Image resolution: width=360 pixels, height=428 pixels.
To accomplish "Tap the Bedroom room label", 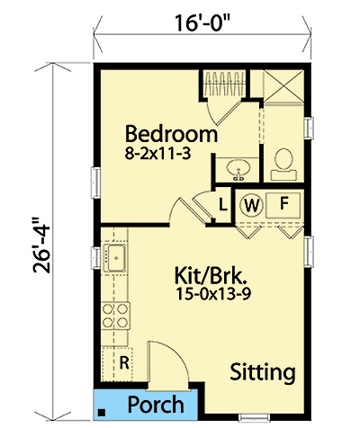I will (x=171, y=135).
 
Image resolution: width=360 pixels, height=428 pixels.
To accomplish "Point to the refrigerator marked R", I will (x=123, y=363).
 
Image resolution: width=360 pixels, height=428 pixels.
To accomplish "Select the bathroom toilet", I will (x=283, y=160).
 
